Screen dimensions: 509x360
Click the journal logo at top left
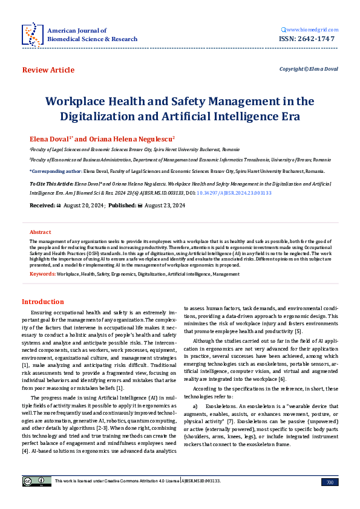tap(31, 34)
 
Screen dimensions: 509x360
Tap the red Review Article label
tap(48, 70)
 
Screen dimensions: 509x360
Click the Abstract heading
tap(41, 232)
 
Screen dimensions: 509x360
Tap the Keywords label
tap(42, 274)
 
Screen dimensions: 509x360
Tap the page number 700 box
tap(330, 482)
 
